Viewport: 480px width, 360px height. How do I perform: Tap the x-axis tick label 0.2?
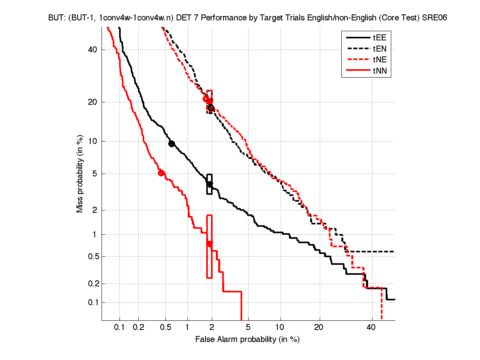[138, 328]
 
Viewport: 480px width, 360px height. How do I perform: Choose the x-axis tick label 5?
[248, 328]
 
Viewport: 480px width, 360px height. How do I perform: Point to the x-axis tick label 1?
[187, 328]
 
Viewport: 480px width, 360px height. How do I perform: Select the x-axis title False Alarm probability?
[247, 340]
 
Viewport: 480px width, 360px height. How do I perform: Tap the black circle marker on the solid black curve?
[171, 144]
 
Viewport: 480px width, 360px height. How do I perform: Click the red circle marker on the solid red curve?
[161, 173]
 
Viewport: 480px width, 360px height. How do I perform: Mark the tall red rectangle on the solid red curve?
[209, 246]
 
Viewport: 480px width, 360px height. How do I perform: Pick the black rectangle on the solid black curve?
[209, 184]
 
